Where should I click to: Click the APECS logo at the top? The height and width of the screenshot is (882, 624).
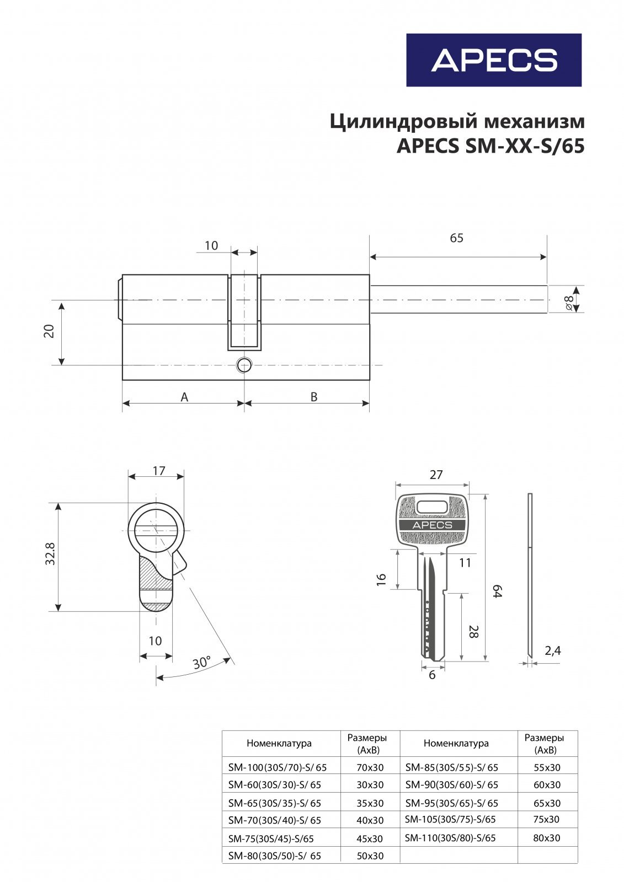point(494,60)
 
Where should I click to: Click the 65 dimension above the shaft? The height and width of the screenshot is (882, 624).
point(456,238)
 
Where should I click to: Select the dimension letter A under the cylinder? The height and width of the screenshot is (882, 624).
point(184,397)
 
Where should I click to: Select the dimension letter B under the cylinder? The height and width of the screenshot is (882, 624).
point(313,397)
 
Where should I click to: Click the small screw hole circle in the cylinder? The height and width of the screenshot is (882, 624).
point(244,364)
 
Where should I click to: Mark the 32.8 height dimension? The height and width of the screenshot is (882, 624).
point(51,553)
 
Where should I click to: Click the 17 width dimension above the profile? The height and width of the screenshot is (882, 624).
point(159,471)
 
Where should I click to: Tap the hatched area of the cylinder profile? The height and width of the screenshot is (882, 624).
point(151,573)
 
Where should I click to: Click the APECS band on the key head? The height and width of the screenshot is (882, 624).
point(433,525)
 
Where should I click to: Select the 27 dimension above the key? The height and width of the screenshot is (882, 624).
point(436,475)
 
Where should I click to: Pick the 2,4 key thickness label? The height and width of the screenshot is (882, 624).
point(552,650)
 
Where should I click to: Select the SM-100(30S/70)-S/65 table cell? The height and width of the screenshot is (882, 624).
point(278,767)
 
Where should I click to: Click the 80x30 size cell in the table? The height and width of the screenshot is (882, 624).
point(546,838)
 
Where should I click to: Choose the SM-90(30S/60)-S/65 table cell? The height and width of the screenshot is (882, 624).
point(451,785)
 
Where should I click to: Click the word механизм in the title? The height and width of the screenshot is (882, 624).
point(534,121)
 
